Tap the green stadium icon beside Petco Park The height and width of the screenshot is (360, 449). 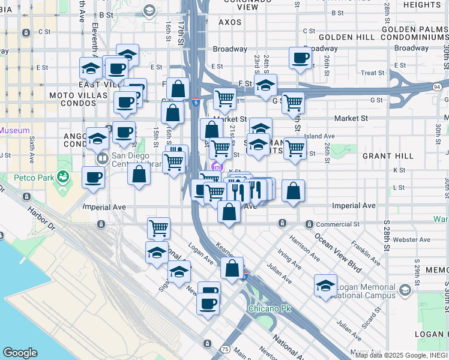[x=62, y=176]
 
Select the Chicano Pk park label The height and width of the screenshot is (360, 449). [x=270, y=308]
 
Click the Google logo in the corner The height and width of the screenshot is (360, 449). [x=20, y=353]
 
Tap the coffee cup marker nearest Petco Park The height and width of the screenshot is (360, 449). [x=94, y=178]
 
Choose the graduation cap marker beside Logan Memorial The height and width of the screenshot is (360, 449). [x=325, y=286]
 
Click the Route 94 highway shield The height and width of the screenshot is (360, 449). [x=436, y=87]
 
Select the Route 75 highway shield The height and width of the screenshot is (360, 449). [x=225, y=349]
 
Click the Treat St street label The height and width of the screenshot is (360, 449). [x=372, y=73]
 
